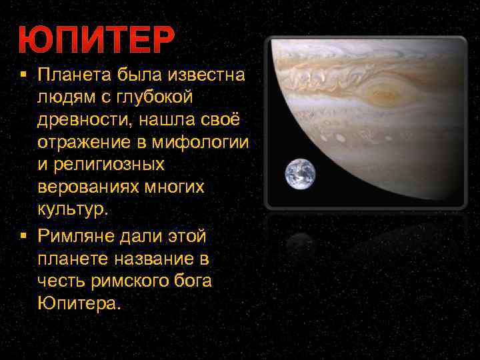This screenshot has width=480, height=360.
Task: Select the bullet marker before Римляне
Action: pos(23,236)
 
